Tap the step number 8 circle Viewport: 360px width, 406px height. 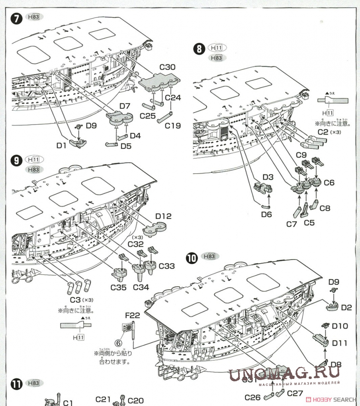click(199, 49)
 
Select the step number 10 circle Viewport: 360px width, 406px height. click(192, 258)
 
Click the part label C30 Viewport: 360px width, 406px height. click(167, 67)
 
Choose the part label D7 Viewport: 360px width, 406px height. click(125, 106)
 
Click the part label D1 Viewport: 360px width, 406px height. click(61, 146)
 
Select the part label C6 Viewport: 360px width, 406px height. click(329, 183)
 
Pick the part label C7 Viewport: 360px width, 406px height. click(292, 224)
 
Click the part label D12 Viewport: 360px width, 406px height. click(163, 216)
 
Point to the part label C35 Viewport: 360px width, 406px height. click(119, 287)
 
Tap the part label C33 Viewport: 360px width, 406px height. click(166, 266)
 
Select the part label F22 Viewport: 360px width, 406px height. click(132, 315)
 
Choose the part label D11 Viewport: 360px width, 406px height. click(340, 343)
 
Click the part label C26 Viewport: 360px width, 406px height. click(252, 397)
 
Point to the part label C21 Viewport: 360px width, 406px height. click(102, 399)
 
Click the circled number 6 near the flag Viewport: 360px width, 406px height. click(118, 342)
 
